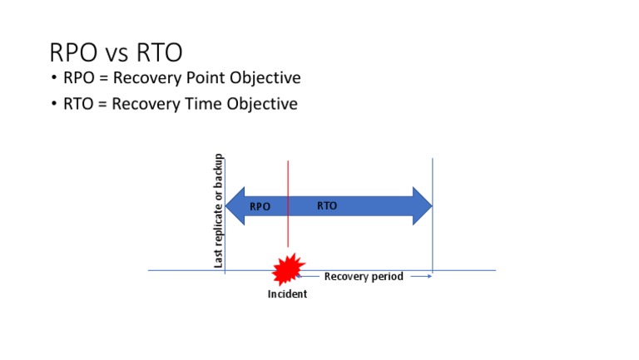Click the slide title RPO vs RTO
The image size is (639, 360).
[116, 52]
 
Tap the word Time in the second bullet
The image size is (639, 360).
[192, 104]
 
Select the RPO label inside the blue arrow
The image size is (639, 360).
[260, 206]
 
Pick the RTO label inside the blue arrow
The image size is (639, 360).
[327, 205]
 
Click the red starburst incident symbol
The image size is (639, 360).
[287, 269]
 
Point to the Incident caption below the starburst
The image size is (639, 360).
[287, 293]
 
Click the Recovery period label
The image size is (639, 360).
[364, 276]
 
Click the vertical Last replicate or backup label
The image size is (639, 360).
[219, 210]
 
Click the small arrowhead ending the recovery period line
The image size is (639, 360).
[429, 276]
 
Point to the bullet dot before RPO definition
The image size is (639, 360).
[55, 79]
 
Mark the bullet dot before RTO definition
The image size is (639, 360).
[55, 105]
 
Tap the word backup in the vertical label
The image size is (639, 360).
[219, 170]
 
